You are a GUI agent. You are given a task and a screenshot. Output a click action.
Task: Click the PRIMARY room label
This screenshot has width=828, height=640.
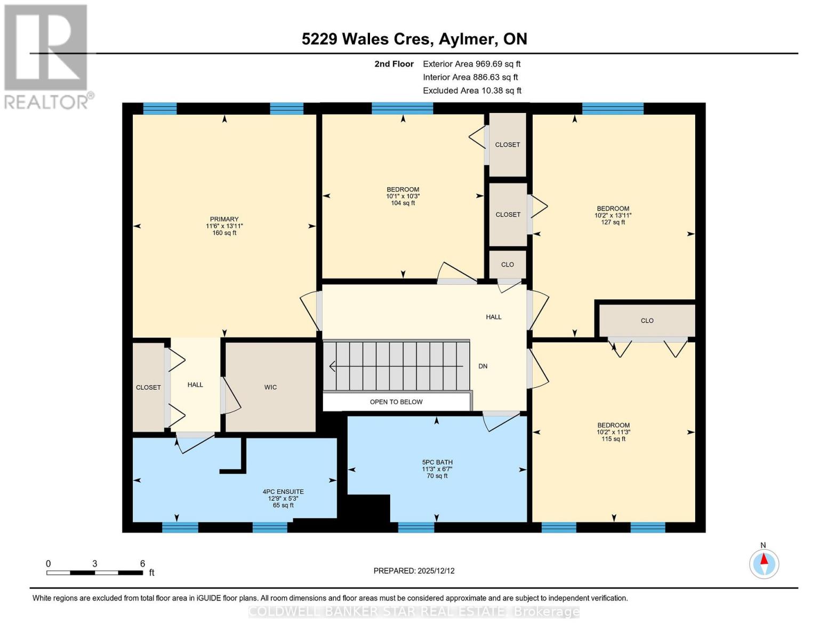click(224, 219)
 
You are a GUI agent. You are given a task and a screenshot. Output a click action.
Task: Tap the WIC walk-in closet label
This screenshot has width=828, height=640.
click(270, 387)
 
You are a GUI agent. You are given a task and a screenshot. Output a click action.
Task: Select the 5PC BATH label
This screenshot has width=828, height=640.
click(437, 462)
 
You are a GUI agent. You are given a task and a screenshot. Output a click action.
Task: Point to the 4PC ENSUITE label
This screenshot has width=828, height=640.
click(283, 492)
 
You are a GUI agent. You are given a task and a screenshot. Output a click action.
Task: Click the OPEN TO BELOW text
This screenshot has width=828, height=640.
click(396, 402)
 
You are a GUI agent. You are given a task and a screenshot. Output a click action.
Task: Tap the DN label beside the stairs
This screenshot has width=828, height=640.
click(483, 366)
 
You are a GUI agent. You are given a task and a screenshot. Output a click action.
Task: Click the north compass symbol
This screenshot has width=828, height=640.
click(764, 563)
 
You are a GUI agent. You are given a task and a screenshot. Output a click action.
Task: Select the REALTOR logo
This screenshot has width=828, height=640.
click(47, 56)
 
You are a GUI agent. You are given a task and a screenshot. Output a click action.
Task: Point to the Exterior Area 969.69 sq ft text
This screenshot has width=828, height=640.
click(471, 64)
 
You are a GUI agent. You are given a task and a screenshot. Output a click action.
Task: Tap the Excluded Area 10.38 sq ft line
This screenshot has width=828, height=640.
click(472, 91)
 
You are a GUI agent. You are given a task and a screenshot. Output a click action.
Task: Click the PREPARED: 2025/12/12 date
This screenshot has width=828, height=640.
click(414, 571)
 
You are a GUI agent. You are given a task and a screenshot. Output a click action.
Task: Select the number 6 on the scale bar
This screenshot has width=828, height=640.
click(142, 564)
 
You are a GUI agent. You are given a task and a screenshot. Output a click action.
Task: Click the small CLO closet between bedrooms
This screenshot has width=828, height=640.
click(508, 265)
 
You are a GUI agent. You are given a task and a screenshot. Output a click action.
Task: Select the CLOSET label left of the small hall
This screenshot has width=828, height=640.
click(148, 388)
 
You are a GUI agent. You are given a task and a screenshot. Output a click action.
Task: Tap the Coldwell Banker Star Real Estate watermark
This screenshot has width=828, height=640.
click(414, 612)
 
